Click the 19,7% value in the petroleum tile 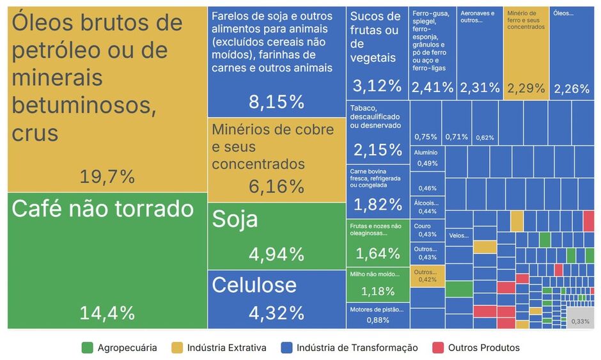(107, 176)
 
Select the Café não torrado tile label (102, 208)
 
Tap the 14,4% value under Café (107, 313)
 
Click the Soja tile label (235, 219)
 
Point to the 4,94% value (277, 254)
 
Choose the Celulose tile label (254, 285)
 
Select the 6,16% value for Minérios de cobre (277, 187)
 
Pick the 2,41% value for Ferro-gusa (432, 88)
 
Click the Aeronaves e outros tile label (478, 17)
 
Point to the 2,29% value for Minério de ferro (526, 88)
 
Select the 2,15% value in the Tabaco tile (377, 150)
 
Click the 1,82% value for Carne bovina (377, 205)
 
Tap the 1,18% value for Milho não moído (377, 292)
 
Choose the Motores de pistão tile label (377, 309)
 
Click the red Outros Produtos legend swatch (437, 348)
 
